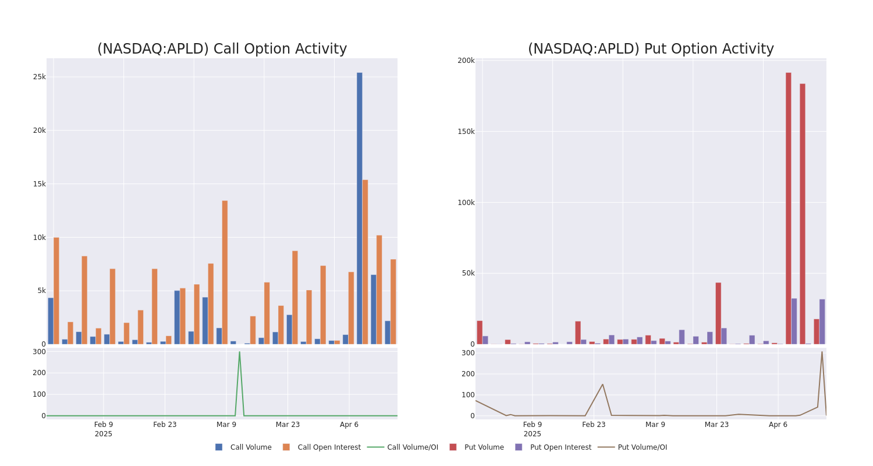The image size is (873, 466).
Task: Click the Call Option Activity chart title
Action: [222, 50]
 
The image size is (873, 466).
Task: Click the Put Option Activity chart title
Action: [651, 50]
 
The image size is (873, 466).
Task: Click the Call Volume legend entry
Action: [244, 447]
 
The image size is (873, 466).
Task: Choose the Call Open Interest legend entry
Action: [322, 447]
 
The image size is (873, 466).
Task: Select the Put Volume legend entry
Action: [477, 447]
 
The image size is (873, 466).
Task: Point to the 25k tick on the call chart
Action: [39, 77]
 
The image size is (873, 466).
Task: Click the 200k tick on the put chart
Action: [466, 61]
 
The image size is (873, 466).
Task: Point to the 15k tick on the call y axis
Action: [39, 184]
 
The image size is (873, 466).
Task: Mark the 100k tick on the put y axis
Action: [466, 203]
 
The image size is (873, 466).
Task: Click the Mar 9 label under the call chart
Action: [226, 425]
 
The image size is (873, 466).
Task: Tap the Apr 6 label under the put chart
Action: [778, 425]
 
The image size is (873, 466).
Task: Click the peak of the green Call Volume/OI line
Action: [239, 352]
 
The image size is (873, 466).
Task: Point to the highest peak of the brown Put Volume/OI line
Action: [822, 352]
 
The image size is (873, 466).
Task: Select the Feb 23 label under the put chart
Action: [594, 425]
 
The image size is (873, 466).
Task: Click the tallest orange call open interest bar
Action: [365, 262]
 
